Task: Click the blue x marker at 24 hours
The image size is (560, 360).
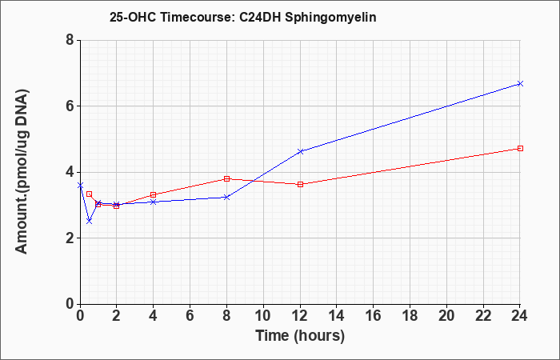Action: click(x=520, y=83)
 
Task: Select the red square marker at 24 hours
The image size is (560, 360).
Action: click(x=520, y=148)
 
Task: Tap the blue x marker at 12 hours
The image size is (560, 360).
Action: click(x=300, y=151)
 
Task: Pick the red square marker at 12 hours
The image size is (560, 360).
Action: click(x=300, y=184)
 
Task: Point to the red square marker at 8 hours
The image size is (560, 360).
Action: click(x=226, y=178)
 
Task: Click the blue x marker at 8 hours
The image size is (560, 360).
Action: click(x=226, y=197)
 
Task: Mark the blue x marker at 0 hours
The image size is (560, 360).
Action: click(x=80, y=186)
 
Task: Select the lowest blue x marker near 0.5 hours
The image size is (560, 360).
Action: click(x=90, y=222)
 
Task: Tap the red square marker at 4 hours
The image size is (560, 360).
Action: click(x=154, y=194)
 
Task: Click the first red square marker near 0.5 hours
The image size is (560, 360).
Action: click(x=90, y=194)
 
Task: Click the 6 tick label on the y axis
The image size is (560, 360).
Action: click(x=70, y=106)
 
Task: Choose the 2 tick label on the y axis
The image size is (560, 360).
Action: click(x=70, y=238)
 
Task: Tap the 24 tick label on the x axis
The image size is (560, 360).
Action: click(x=520, y=316)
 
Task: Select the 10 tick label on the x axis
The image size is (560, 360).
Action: click(x=263, y=316)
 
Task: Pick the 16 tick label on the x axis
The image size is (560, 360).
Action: click(x=374, y=316)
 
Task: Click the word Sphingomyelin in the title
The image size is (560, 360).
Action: click(x=330, y=18)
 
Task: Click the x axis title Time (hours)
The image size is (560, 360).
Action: click(x=300, y=336)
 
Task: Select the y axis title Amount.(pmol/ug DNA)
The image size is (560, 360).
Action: click(x=22, y=172)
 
